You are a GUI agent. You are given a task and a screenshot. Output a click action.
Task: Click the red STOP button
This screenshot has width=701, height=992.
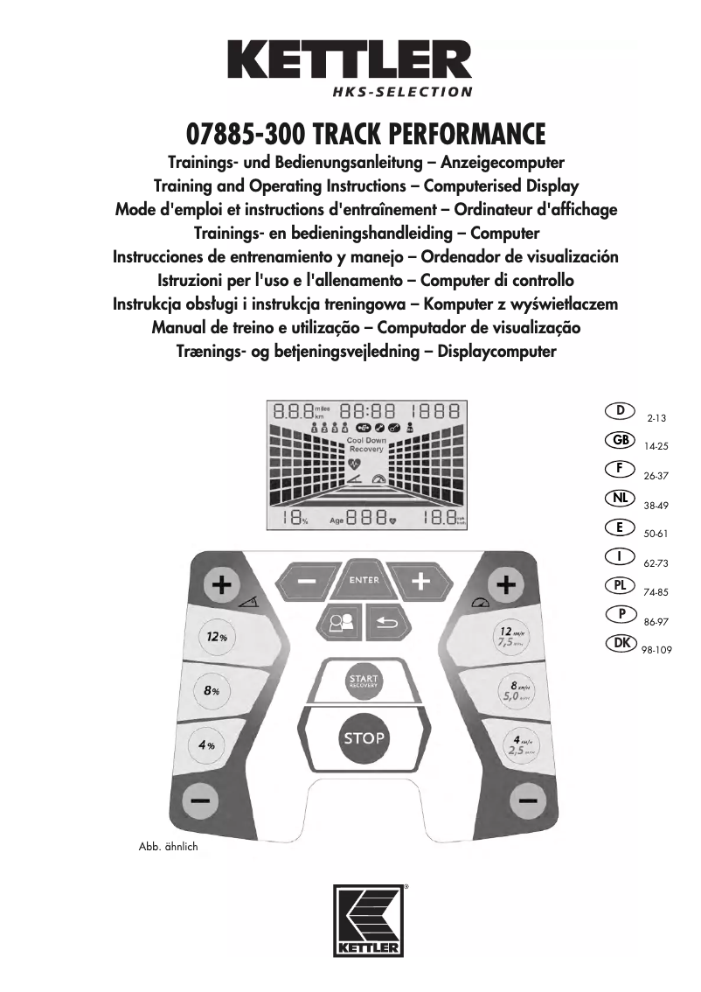pos(364,737)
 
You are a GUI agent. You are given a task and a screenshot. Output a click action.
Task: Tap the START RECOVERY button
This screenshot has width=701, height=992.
pos(363,681)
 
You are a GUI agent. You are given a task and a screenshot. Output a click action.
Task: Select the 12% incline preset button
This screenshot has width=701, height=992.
pos(216,637)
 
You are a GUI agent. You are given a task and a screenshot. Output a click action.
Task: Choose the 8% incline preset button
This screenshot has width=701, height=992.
pos(211,690)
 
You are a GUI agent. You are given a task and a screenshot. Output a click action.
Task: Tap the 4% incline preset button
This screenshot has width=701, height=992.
pos(207,745)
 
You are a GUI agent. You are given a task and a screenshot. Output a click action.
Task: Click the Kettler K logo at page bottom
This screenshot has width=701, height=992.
pos(367,921)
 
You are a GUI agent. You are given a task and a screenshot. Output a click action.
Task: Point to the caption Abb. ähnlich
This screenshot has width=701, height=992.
pos(169,847)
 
